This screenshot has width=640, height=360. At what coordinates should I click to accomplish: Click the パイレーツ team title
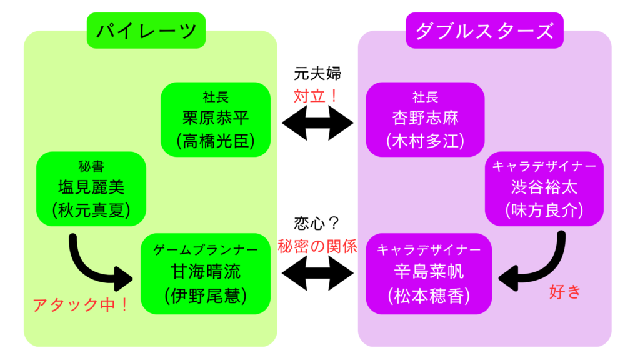point(146,30)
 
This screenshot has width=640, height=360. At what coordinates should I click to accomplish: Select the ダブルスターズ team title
point(484,30)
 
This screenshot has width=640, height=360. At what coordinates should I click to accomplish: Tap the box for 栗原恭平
point(215,119)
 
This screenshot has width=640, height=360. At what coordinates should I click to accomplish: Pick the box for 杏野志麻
point(425,119)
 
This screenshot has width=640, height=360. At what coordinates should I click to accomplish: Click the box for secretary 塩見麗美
point(91,188)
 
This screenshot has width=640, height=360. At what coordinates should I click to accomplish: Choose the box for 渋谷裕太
point(544,188)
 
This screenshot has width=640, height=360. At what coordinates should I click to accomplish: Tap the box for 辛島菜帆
point(429,274)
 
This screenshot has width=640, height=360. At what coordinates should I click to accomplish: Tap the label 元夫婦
point(317,73)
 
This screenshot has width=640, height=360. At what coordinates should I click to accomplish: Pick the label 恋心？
point(317,223)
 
